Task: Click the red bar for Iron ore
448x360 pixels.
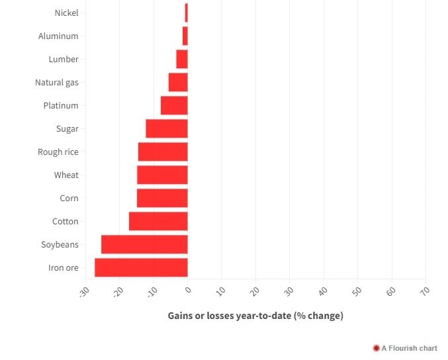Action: click(x=141, y=267)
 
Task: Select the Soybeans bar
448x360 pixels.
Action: click(x=144, y=244)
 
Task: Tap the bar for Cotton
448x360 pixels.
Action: click(x=158, y=221)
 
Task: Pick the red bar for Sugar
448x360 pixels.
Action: click(x=167, y=128)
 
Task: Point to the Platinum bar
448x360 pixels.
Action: click(x=174, y=105)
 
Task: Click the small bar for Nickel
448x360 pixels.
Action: click(x=186, y=13)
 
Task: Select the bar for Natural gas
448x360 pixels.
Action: click(x=178, y=82)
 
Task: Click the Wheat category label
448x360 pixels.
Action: click(x=66, y=175)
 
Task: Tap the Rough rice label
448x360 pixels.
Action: click(x=58, y=152)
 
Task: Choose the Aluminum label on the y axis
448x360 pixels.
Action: click(x=58, y=36)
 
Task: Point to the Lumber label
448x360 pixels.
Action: click(x=64, y=59)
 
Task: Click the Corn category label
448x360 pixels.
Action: click(x=69, y=198)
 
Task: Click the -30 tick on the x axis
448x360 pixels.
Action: click(x=84, y=292)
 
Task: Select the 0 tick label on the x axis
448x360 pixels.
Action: click(x=187, y=290)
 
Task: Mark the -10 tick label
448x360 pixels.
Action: click(x=152, y=292)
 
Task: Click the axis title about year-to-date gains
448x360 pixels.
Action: click(x=255, y=316)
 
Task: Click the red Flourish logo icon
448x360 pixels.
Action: click(x=376, y=348)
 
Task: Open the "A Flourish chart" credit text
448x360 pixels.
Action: click(x=409, y=348)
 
